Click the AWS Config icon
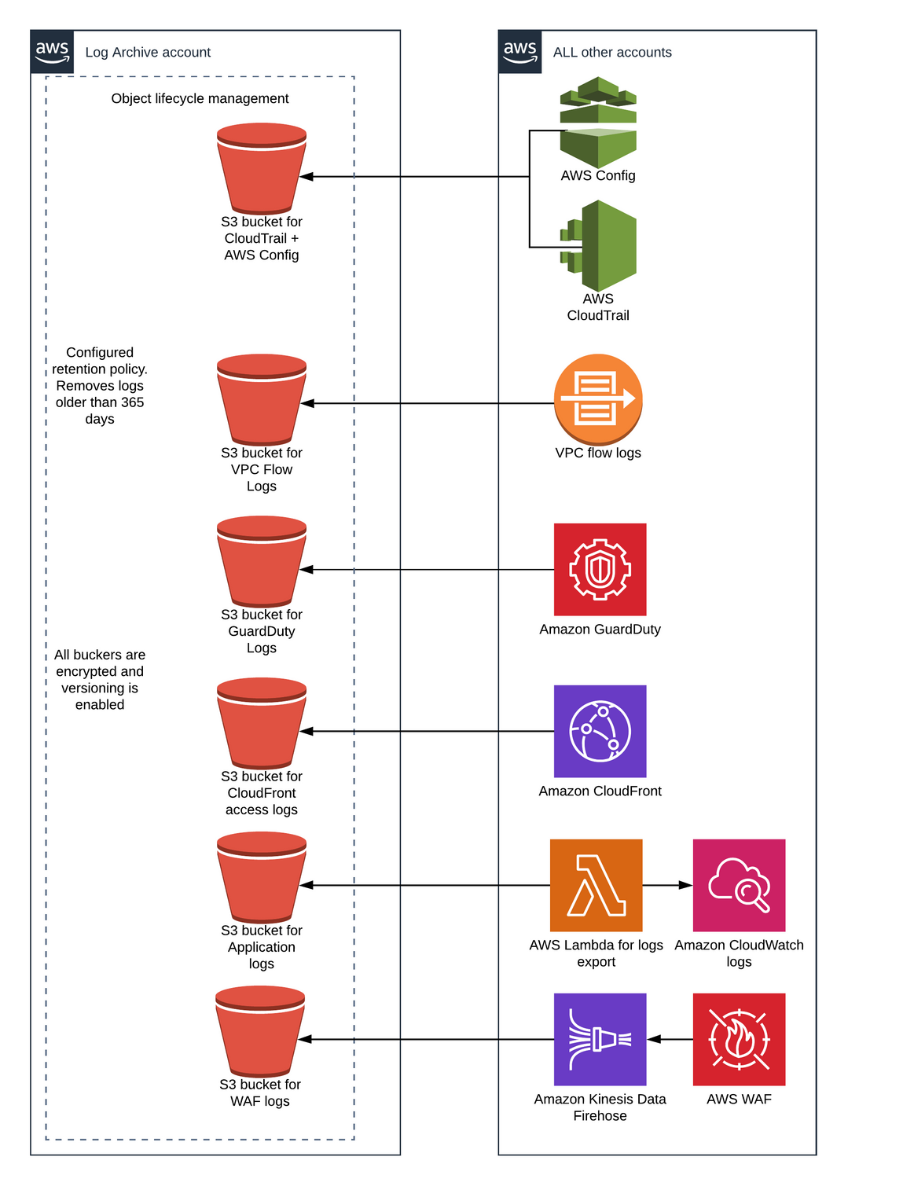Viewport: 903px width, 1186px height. (598, 122)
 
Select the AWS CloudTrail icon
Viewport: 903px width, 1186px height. (598, 246)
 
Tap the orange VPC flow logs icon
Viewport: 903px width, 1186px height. (598, 399)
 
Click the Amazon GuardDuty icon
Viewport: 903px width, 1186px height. (600, 570)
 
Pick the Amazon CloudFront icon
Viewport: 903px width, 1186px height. (600, 731)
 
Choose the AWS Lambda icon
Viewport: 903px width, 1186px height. (596, 885)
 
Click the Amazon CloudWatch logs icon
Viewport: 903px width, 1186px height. (739, 885)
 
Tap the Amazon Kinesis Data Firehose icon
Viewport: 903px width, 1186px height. (600, 1039)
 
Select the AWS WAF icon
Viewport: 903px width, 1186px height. (739, 1039)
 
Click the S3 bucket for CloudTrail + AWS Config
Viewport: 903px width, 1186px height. (262, 168)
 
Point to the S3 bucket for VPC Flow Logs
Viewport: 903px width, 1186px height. (262, 400)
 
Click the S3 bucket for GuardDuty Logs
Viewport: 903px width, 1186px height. (262, 561)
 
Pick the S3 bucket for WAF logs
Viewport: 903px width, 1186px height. (260, 1031)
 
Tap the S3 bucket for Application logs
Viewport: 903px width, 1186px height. (262, 877)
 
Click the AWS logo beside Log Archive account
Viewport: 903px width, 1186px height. (52, 52)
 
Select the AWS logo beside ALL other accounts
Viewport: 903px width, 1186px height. (519, 52)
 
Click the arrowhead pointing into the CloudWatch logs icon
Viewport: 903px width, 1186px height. (686, 885)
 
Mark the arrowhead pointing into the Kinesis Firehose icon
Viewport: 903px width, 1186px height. (654, 1039)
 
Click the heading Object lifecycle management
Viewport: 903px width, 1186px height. (200, 98)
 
